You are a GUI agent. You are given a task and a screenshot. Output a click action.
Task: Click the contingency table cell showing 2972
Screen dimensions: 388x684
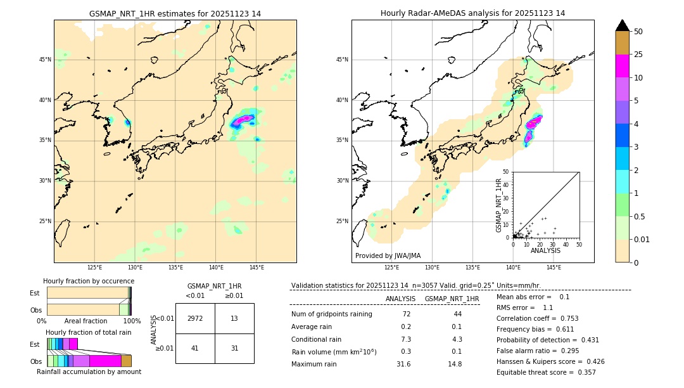coord(195,318)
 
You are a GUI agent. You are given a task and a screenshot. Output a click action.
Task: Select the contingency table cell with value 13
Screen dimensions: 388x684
coord(234,318)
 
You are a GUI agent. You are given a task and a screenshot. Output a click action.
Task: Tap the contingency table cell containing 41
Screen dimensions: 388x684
coord(195,348)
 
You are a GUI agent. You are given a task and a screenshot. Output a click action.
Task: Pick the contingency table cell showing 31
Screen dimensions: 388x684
coord(234,348)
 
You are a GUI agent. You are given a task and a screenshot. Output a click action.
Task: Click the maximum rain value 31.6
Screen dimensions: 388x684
coord(403,364)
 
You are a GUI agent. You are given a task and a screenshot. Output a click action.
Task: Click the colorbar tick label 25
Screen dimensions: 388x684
coord(639,55)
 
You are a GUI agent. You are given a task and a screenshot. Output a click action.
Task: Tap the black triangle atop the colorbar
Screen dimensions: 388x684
coord(623,25)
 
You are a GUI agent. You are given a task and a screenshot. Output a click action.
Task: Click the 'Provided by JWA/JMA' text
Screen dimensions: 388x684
coord(388,255)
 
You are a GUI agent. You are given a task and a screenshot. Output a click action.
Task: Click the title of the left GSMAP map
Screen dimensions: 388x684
coord(175,13)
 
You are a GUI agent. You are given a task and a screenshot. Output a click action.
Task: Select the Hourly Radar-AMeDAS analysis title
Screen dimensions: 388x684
coord(472,13)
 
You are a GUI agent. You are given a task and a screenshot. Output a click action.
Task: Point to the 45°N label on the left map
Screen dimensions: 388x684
coord(45,60)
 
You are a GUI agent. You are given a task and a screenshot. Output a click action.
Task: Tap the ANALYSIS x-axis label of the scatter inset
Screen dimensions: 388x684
coord(545,250)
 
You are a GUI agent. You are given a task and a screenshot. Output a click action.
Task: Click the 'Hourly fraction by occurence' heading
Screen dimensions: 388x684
coord(89,281)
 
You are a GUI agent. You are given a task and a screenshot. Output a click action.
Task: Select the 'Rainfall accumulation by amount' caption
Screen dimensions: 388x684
coord(89,372)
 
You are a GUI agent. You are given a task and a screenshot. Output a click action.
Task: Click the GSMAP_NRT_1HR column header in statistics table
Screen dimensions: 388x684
coord(452,299)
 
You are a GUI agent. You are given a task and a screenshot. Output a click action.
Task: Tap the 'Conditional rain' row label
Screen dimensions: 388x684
coord(317,339)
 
